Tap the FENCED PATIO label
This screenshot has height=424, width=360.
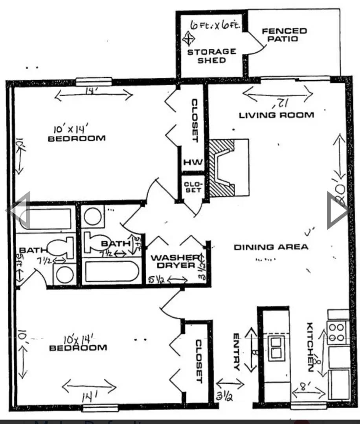[284, 35]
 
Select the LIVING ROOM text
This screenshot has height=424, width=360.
[276, 115]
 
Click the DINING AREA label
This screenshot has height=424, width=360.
[271, 247]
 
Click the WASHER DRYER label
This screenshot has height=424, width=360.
[173, 261]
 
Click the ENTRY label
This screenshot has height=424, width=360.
[236, 352]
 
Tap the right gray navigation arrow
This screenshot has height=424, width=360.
[338, 210]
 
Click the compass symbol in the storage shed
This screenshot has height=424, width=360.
[189, 39]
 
